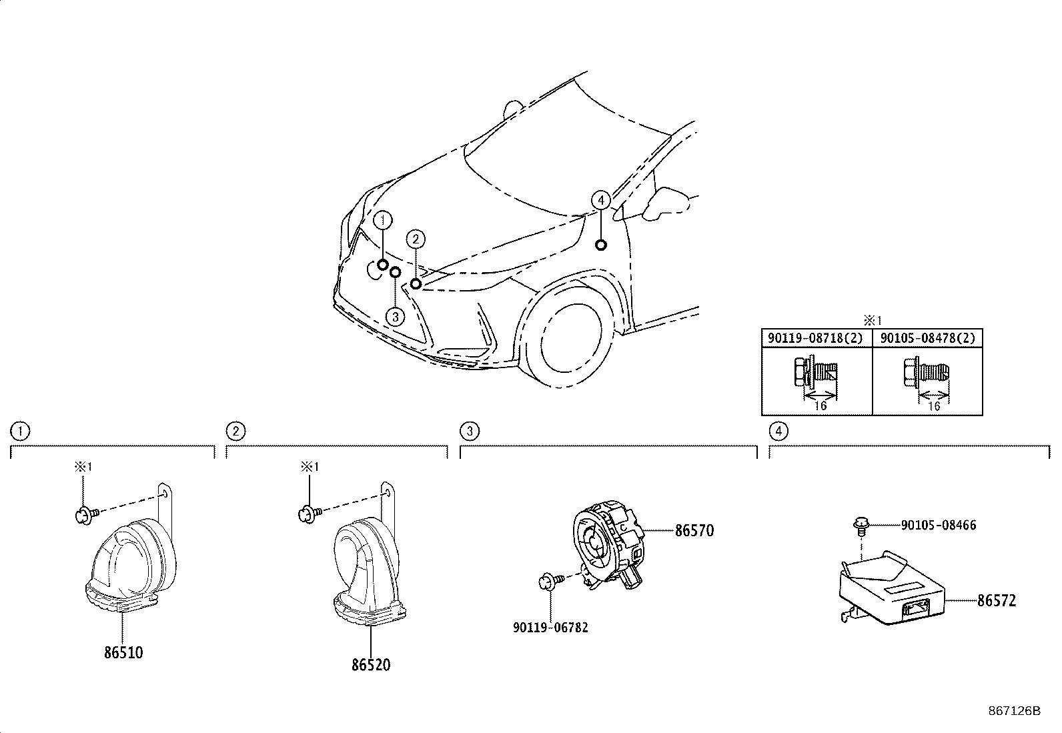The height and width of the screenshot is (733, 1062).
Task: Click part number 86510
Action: [x=123, y=653]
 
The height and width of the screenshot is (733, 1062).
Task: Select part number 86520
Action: [x=371, y=665]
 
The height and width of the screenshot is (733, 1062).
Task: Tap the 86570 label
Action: [x=694, y=530]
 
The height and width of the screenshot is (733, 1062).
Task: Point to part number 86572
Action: [x=997, y=601]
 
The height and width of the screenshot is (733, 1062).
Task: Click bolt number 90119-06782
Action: [x=550, y=627]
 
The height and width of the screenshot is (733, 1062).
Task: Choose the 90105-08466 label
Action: [x=939, y=525]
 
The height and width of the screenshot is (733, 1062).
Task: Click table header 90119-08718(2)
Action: [x=817, y=338]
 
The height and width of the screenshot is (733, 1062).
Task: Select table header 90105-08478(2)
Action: [x=927, y=338]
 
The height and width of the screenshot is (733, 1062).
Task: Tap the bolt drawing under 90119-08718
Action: [x=815, y=373]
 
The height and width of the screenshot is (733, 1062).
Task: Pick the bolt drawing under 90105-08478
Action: [x=926, y=372]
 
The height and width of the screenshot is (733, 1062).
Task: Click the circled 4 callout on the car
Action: [x=600, y=201]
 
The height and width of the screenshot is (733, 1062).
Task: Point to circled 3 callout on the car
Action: [x=396, y=317]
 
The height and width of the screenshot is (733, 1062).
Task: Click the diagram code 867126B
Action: [x=1014, y=711]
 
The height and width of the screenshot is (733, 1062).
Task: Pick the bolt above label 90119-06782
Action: [x=552, y=581]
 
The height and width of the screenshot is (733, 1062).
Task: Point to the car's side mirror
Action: [x=664, y=203]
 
